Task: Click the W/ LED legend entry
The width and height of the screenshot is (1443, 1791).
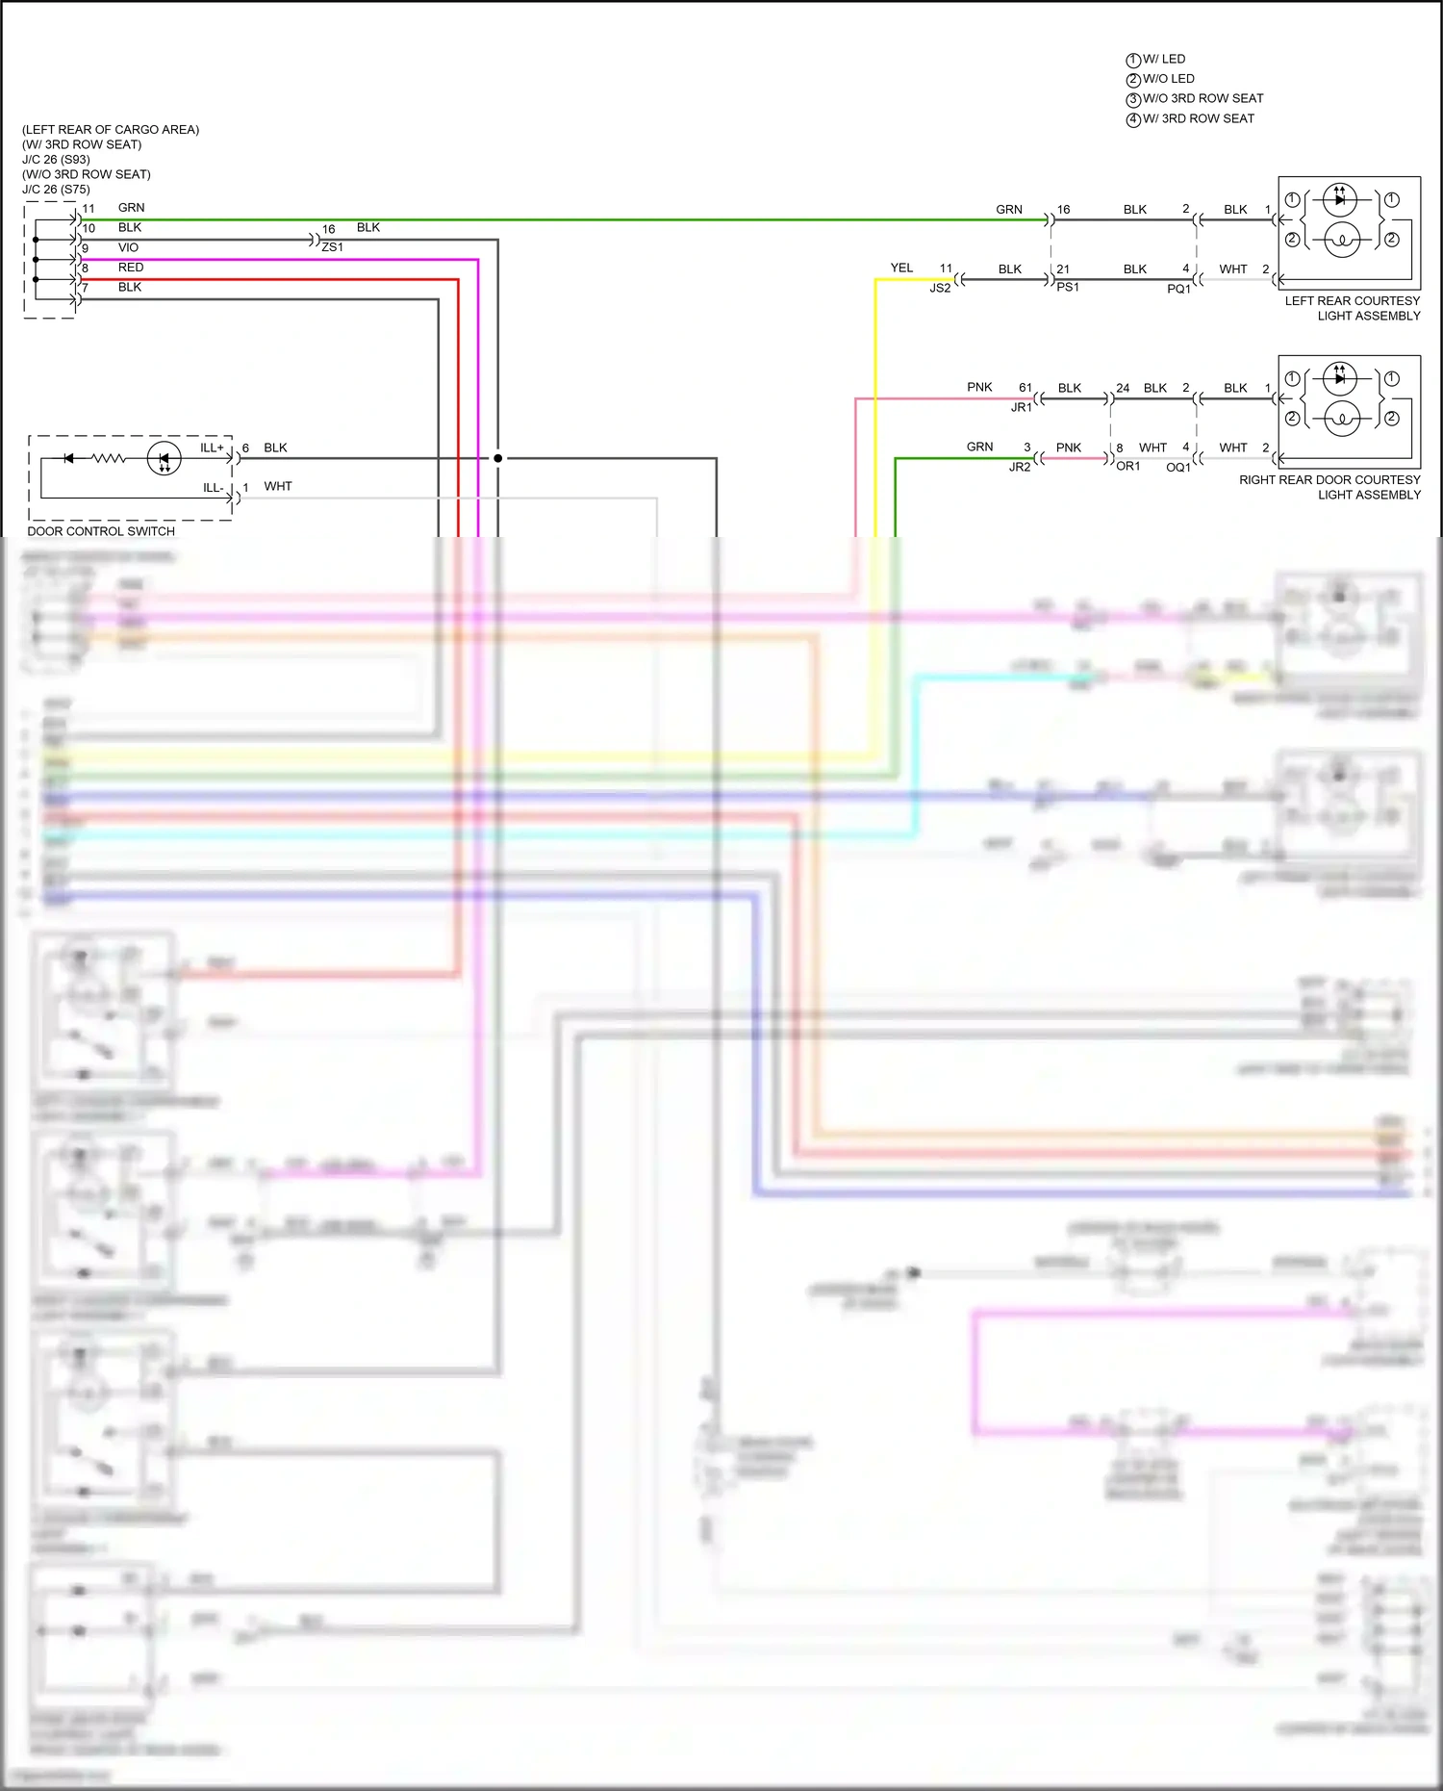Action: tap(1163, 59)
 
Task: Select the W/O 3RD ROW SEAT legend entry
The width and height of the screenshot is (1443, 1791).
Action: tap(1202, 98)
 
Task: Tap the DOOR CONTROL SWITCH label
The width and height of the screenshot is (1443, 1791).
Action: tap(101, 531)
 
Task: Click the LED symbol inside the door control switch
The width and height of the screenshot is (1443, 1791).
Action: tap(164, 459)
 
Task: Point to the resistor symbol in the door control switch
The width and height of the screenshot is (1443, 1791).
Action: tap(109, 459)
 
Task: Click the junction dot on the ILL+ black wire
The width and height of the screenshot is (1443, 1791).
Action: tap(497, 458)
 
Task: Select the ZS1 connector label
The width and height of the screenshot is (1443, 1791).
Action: tap(333, 247)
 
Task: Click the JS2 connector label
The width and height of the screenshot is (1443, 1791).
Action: tap(940, 288)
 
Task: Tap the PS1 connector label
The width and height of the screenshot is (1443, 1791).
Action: tap(1068, 287)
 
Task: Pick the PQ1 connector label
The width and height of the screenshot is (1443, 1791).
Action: tap(1178, 289)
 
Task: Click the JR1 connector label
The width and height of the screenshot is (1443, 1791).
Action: tap(1021, 407)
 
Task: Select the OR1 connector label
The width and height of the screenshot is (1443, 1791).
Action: tap(1127, 466)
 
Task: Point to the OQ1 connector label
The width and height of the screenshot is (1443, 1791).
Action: tap(1178, 467)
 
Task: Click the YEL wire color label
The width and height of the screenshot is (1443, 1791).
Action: tap(901, 268)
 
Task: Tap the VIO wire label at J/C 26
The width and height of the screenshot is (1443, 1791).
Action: tap(128, 247)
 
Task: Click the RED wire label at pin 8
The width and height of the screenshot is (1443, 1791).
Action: tap(131, 268)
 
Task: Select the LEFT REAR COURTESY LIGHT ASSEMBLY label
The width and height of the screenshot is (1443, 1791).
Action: tap(1354, 308)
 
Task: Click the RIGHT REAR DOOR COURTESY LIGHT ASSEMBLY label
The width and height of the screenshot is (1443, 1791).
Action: tap(1330, 487)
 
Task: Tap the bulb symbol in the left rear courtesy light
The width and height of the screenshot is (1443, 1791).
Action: tap(1342, 239)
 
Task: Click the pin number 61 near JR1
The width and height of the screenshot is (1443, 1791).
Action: tap(1025, 388)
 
